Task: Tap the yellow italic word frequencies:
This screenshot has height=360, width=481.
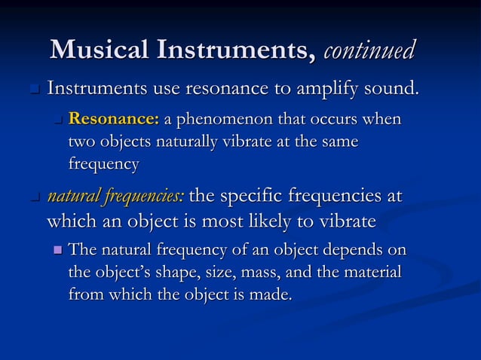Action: tap(143, 197)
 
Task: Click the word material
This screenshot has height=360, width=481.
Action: tap(373, 272)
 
